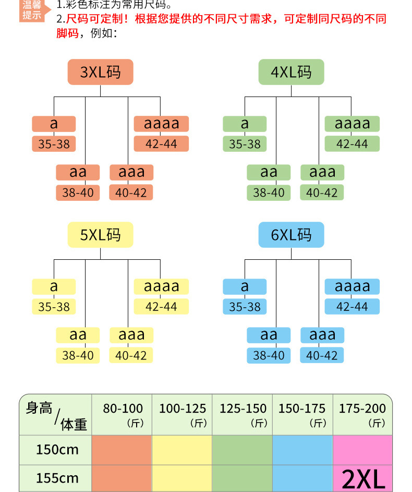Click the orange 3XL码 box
pos(101,72)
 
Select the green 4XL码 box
pos(291,72)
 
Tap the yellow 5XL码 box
pos(101,235)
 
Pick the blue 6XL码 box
pos(291,235)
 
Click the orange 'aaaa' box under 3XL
pos(161,124)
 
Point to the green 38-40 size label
pos(269,193)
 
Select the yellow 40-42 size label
pos(131,355)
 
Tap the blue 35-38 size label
pos(245,306)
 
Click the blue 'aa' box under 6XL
pos(269,335)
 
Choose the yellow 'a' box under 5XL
pos(54,286)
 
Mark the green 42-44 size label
pos(352,143)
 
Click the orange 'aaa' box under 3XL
pos(131,172)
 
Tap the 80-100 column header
pos(123,414)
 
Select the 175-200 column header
pos(362,414)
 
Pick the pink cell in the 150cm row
pos(362,449)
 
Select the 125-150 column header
pos(243,414)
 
